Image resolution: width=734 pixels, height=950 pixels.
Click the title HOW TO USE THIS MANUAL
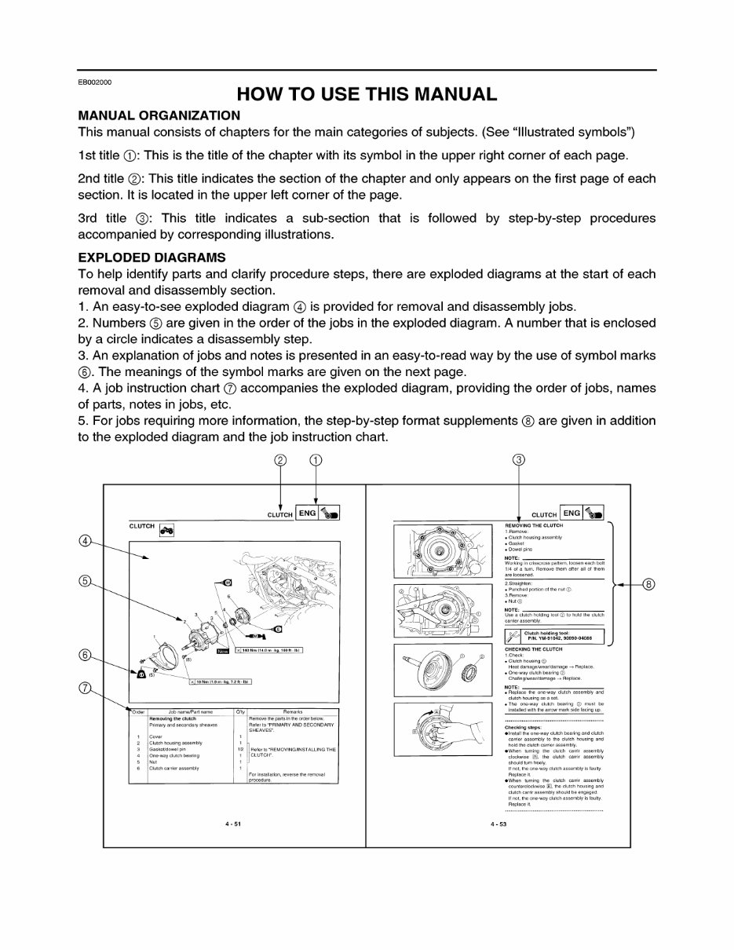coord(367,94)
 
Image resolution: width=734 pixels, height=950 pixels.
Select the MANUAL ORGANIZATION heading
coord(159,115)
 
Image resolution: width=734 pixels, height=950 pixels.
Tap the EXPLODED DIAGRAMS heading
coord(152,258)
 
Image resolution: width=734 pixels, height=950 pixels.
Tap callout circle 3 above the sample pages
coord(518,460)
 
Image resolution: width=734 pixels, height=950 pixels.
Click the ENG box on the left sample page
coord(307,513)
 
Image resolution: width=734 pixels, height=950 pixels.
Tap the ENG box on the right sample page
coord(571,513)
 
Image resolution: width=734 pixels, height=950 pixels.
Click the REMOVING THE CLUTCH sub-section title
coord(534,525)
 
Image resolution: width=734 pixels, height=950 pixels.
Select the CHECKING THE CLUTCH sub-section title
coord(534,649)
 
